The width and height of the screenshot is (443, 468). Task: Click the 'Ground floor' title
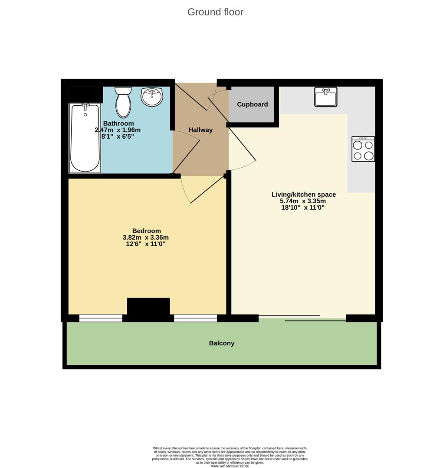[x=215, y=12]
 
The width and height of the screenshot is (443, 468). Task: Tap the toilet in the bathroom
[x=123, y=102]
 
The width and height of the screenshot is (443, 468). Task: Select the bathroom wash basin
[x=152, y=97]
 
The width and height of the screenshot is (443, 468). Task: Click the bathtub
[x=85, y=138]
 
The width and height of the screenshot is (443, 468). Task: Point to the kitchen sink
[x=325, y=97]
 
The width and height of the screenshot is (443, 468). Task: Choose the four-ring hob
[x=363, y=149]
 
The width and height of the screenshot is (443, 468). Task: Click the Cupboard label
[x=252, y=104]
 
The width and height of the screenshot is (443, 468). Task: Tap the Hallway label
[x=200, y=130]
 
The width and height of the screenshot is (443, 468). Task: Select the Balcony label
[x=222, y=343]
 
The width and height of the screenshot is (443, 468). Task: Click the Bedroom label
[x=147, y=231]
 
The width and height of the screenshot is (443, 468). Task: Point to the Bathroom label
[x=118, y=123]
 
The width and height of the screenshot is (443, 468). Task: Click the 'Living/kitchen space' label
[x=304, y=195]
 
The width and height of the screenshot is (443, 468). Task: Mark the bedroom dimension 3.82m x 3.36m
[x=146, y=237]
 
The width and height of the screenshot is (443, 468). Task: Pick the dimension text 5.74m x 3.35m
[x=303, y=201]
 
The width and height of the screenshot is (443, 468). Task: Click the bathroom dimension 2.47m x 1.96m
[x=118, y=130]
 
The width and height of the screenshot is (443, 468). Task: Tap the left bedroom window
[x=101, y=318]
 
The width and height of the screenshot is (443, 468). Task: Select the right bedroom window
[x=195, y=318]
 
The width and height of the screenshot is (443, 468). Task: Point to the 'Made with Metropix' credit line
[x=230, y=466]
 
